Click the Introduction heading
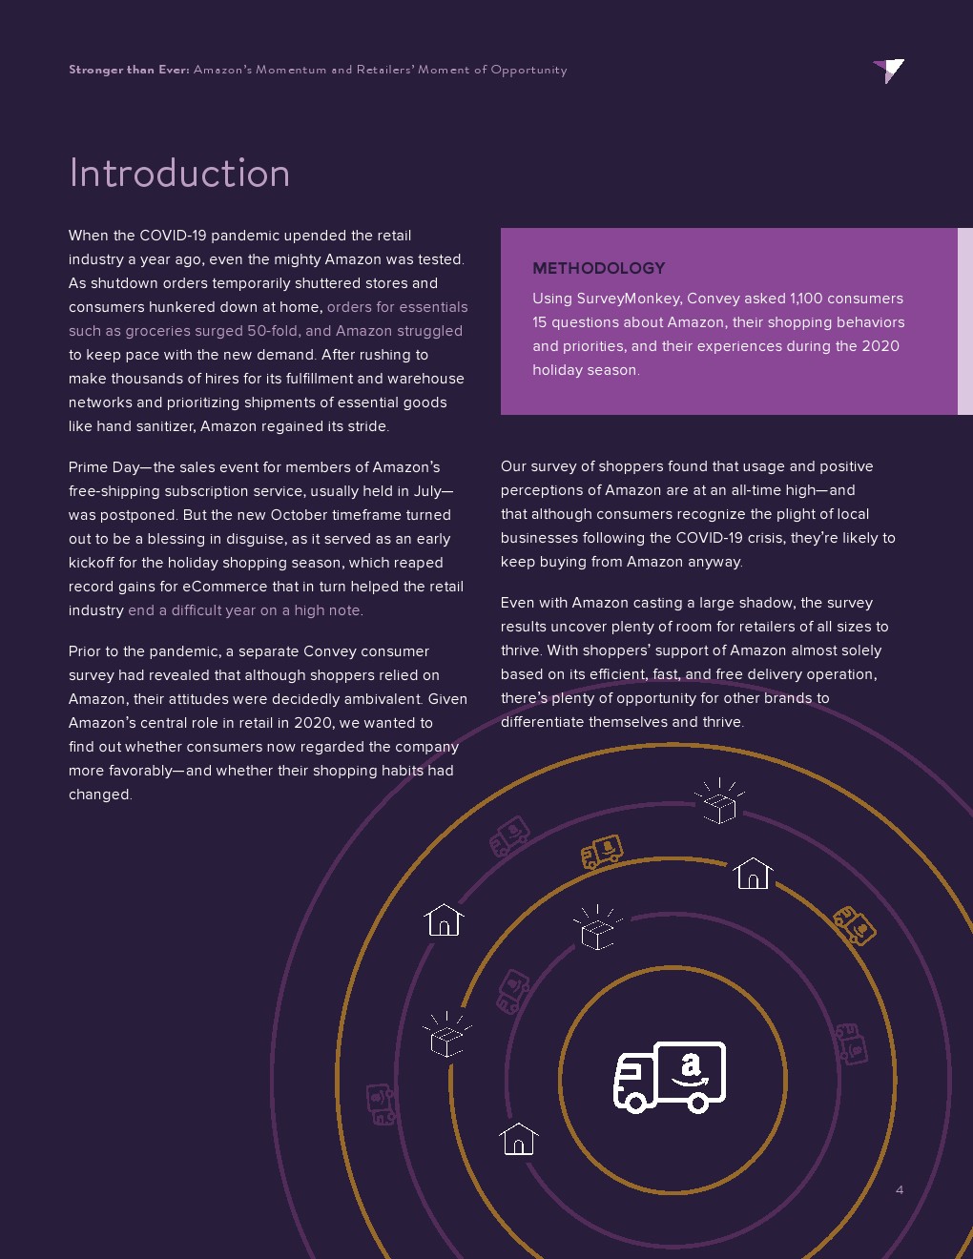(x=179, y=174)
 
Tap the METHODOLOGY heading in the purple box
(x=598, y=268)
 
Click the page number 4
(x=899, y=1189)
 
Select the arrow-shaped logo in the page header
(x=889, y=70)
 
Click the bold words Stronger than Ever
(x=129, y=70)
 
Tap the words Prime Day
(x=103, y=467)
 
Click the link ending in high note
(x=245, y=610)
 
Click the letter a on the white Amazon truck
(x=691, y=1064)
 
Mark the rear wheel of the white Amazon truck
(x=698, y=1104)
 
